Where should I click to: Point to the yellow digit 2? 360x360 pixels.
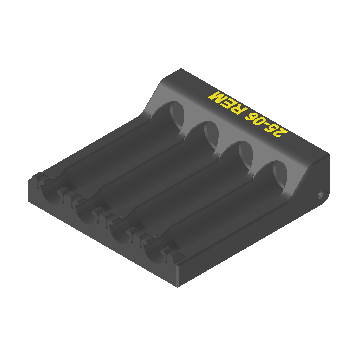(x=280, y=133)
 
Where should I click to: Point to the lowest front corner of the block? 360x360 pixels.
(x=177, y=287)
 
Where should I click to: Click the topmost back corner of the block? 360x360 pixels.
(x=181, y=69)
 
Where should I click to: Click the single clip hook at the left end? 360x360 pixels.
(x=39, y=182)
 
